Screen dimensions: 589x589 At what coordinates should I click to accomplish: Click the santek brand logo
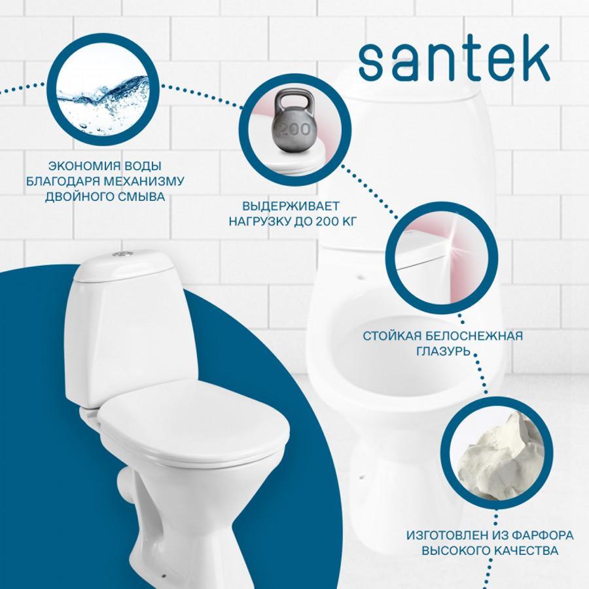pos(454,62)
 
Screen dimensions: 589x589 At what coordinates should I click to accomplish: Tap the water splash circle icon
pos(103,89)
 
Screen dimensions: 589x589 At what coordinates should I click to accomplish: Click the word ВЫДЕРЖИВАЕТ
pos(291,206)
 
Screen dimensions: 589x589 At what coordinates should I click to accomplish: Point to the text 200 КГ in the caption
pos(335,222)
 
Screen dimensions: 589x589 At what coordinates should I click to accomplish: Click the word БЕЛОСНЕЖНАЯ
pos(476,336)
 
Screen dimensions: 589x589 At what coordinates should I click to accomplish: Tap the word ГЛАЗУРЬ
pos(443,351)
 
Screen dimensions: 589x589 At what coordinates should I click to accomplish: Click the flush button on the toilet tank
pos(123,255)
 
